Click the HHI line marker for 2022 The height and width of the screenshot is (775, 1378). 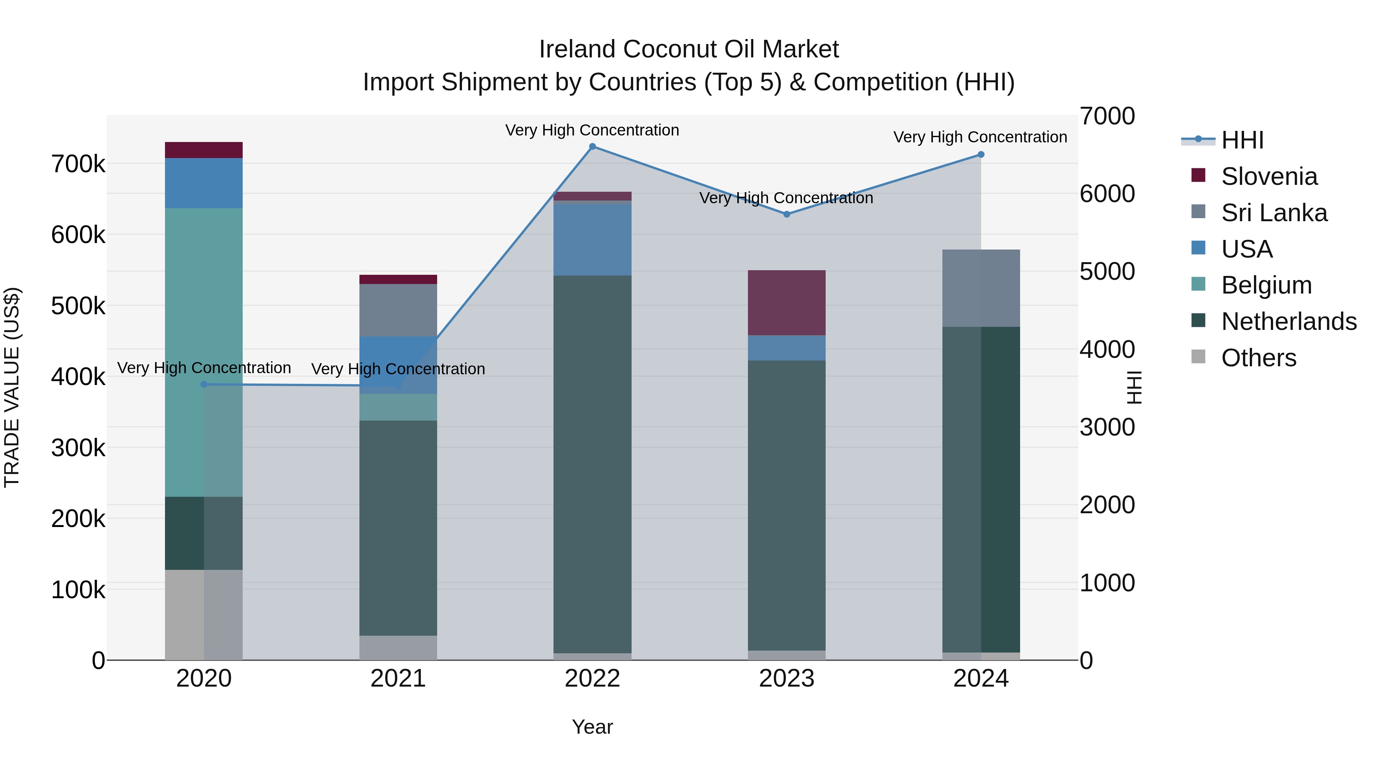click(592, 147)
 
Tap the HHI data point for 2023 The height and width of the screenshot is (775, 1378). click(786, 214)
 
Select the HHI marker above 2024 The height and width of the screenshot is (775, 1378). click(981, 155)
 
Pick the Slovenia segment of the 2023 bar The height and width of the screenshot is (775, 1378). click(786, 303)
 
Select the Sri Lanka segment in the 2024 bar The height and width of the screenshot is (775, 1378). click(981, 288)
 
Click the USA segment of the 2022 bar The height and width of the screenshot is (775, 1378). click(592, 240)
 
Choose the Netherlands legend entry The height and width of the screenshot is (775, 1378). click(1288, 321)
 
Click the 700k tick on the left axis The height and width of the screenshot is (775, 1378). click(78, 164)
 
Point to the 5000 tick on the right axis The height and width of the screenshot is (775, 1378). click(1107, 272)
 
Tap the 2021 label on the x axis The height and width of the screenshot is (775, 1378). click(398, 679)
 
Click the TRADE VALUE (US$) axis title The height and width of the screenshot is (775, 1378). click(12, 387)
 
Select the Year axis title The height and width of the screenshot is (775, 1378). click(592, 727)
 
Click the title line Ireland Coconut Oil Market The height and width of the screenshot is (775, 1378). click(689, 49)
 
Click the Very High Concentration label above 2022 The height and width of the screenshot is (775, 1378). click(592, 130)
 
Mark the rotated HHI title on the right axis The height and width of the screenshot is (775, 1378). click(1133, 387)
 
